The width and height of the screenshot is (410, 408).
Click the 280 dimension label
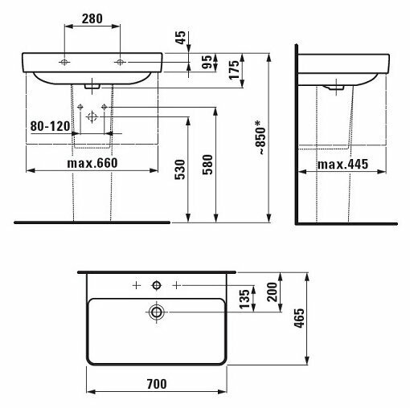coord(92,18)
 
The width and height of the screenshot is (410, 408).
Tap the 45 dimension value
coord(181,38)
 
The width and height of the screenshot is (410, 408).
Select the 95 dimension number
coord(207,62)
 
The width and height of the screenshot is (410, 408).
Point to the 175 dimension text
coord(234,70)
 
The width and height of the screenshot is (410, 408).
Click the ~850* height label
coord(260,138)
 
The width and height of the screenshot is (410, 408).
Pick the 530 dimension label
coord(180,169)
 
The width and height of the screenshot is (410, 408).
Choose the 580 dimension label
coord(207,165)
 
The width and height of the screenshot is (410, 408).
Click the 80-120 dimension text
coord(51,126)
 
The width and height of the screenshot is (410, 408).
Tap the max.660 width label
coord(92,163)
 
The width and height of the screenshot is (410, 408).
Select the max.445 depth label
coord(342,164)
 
